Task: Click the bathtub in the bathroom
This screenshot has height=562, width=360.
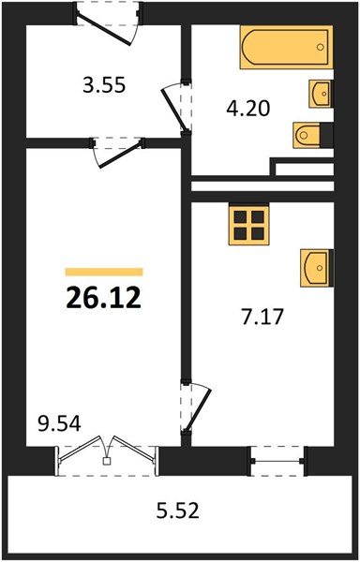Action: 286,47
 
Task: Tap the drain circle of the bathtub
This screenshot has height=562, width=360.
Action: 321,47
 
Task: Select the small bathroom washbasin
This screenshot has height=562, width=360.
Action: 321,94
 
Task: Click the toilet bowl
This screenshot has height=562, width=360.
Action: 307,135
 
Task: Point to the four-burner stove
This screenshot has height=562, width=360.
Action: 248,225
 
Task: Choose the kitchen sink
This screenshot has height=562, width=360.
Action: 316,268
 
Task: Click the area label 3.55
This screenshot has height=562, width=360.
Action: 104,86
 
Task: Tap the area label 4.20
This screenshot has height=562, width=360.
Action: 247,109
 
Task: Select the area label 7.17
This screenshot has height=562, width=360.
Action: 262,317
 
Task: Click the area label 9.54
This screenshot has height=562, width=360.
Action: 59,424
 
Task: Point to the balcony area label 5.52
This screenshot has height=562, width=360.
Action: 177,511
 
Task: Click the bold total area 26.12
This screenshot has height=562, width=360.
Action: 104,298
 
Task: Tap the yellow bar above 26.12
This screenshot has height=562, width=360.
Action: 104,272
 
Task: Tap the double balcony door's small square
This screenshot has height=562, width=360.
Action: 106,461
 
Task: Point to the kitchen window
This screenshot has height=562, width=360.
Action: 277,461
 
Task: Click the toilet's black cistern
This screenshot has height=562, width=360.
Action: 326,135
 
